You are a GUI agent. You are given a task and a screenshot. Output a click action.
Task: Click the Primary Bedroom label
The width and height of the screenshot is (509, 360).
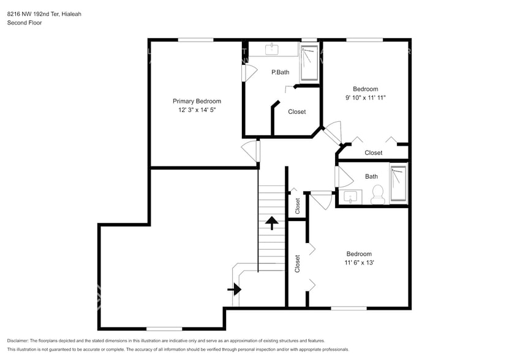[197, 101]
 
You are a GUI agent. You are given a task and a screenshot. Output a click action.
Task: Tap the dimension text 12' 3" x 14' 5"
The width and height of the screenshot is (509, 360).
[197, 110]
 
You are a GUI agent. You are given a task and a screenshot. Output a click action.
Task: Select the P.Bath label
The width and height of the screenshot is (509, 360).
[281, 72]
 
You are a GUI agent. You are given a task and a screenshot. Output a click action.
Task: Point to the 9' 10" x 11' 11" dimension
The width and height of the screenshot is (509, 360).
[366, 97]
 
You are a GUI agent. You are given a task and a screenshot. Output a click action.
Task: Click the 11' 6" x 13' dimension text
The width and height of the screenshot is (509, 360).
[359, 263]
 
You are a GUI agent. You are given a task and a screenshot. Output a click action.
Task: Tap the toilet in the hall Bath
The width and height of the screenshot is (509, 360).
[377, 195]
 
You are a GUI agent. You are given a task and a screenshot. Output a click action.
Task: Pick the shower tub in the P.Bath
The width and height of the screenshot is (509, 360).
[309, 62]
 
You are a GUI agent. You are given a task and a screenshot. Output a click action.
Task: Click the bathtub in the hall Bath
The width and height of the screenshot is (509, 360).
[398, 184]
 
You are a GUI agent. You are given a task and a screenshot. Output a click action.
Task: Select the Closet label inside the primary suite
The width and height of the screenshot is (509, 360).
[297, 111]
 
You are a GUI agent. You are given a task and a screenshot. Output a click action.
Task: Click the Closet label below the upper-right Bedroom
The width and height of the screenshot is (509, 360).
[374, 152]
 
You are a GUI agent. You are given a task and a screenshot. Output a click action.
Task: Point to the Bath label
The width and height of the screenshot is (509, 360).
[372, 176]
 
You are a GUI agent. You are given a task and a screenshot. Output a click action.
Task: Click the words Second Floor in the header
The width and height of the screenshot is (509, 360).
[25, 23]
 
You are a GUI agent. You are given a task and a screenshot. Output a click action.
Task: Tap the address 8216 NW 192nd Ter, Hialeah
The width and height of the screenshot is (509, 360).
[43, 13]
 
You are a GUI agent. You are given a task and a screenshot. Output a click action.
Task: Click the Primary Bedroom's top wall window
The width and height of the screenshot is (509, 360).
[195, 40]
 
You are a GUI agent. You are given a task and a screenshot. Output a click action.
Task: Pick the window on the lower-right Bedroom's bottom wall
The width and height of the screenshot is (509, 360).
[349, 308]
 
